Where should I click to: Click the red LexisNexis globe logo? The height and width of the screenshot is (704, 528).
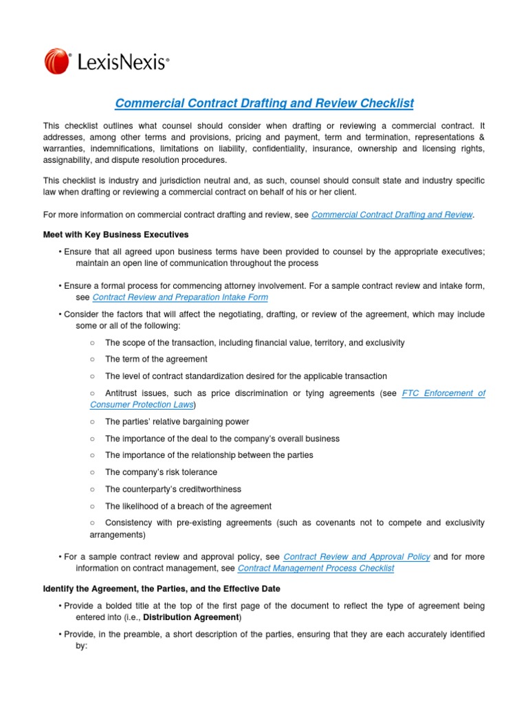coord(58,61)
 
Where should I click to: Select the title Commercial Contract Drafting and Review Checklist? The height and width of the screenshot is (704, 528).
coord(264,103)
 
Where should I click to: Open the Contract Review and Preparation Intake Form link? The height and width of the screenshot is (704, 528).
coord(179,298)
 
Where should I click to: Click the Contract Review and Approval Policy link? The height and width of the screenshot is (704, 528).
coord(356,557)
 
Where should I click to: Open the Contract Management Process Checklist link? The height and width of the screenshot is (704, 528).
coord(316,569)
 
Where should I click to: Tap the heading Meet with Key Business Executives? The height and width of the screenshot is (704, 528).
coord(115,235)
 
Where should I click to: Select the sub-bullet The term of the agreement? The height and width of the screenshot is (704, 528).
coord(155,359)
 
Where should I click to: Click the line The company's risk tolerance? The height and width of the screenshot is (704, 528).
coord(161,472)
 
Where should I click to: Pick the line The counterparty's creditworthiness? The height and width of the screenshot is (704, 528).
coord(173,489)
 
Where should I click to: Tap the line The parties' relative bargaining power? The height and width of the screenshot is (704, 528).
coord(177,421)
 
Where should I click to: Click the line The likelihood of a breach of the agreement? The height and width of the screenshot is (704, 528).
coord(188,506)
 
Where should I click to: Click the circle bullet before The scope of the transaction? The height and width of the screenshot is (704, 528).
coord(93,342)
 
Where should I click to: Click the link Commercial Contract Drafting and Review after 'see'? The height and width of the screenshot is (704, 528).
coord(392,214)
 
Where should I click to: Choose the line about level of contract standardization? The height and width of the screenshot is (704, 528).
coord(245,376)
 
